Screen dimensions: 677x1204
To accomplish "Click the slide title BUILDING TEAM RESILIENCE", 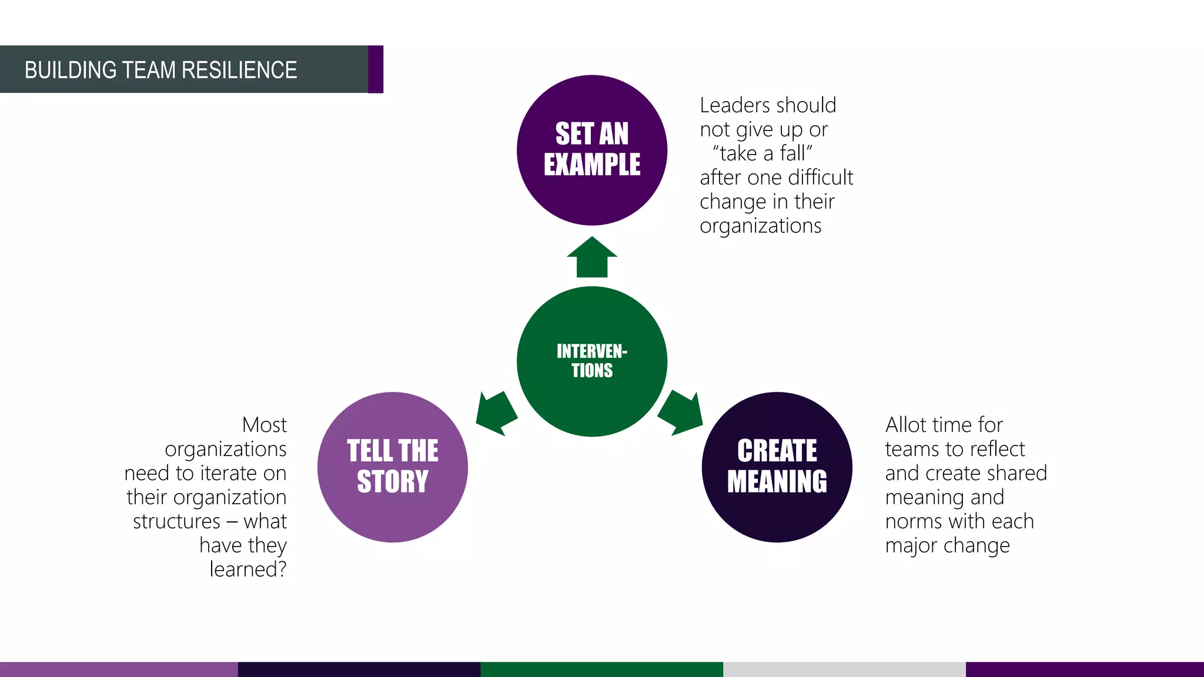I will click(160, 70).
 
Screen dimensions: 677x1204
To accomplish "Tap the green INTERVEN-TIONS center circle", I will click(592, 361).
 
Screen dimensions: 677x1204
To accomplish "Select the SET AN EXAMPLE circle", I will click(592, 150).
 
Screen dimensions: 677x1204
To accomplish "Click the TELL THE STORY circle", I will click(393, 467).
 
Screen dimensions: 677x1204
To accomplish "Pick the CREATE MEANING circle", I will click(777, 467).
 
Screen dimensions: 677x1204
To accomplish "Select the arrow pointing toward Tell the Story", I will click(496, 412).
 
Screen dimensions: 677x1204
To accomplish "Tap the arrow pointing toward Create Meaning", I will click(682, 412).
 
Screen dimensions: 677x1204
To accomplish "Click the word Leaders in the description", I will click(729, 105).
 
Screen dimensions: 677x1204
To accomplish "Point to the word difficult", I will click(820, 177).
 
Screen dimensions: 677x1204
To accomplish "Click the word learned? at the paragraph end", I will click(248, 569).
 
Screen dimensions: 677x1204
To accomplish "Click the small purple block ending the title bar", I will click(376, 69).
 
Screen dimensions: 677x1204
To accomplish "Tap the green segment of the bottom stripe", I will click(601, 669).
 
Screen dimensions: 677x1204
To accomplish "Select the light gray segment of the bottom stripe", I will click(844, 669).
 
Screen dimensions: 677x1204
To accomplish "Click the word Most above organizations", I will click(264, 425).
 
